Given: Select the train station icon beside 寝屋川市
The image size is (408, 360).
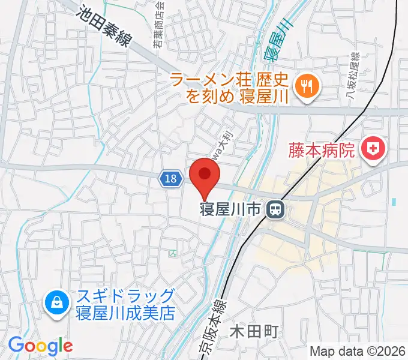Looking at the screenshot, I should pyautogui.click(x=276, y=209).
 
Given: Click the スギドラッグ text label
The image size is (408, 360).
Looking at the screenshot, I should pyautogui.click(x=125, y=296).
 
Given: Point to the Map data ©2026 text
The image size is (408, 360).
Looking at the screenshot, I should pyautogui.click(x=358, y=350).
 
